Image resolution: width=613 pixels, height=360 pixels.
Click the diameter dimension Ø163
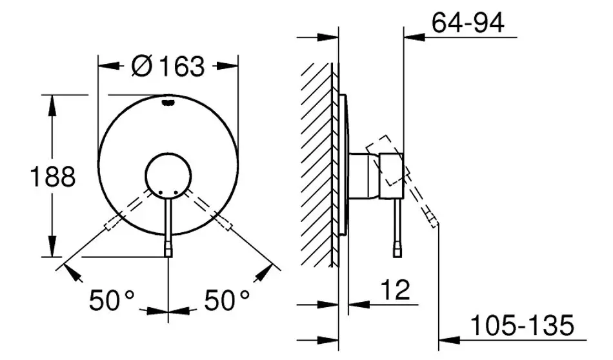[167, 66]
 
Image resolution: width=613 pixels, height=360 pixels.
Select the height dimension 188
[53, 175]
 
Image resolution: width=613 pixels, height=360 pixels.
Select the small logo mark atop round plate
[168, 100]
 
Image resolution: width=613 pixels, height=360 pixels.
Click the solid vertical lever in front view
[168, 226]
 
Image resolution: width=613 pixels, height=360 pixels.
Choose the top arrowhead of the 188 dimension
[52, 103]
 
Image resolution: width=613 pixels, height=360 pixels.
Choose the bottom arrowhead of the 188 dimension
[52, 248]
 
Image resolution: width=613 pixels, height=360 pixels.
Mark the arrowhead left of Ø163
[106, 65]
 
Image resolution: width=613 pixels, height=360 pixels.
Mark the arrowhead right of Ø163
[229, 65]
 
